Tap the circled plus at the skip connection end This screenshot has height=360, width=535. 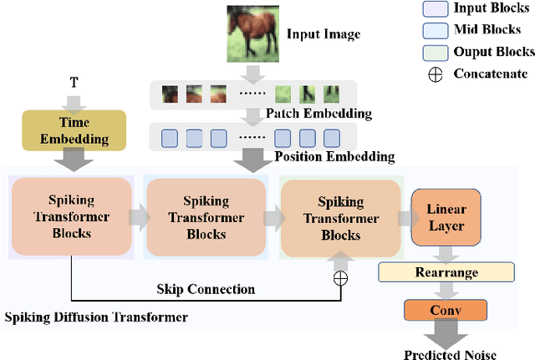pos(339,278)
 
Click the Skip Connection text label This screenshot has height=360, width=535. pos(205,289)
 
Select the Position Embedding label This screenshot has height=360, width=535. pos(334,156)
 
